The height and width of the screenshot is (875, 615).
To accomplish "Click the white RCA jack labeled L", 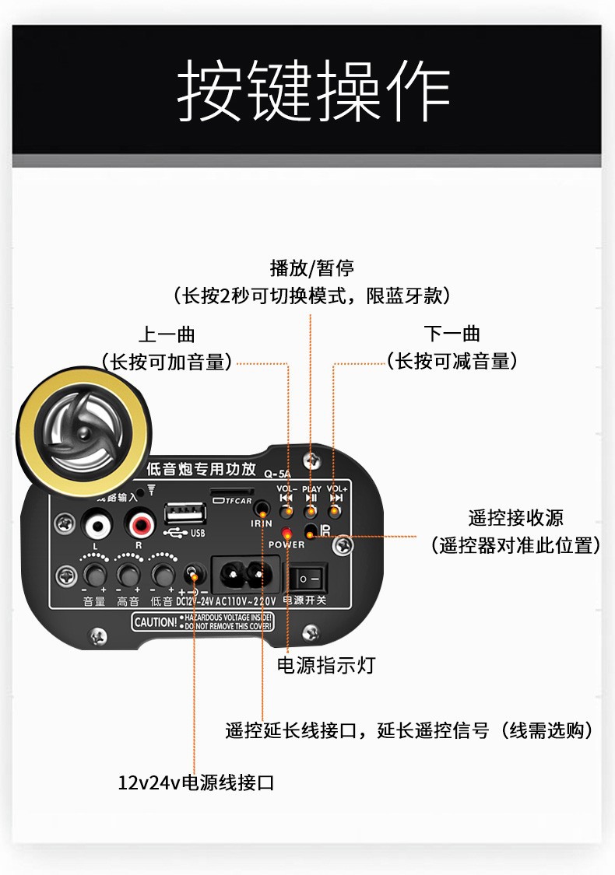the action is point(97,526).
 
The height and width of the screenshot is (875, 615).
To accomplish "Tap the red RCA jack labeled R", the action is point(142,526).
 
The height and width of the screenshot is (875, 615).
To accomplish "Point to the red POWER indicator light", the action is point(287,534).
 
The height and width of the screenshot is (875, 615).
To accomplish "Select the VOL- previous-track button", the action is point(287,510).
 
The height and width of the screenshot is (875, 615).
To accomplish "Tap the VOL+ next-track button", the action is point(336,510).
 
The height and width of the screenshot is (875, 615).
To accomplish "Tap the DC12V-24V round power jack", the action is point(192,576).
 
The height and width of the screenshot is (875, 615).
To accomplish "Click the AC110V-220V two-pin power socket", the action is point(244,576).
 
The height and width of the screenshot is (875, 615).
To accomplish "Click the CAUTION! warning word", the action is point(155,622).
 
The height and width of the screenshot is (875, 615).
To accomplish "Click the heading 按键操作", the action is point(314,92).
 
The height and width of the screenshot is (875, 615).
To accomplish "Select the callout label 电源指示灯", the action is point(327,665).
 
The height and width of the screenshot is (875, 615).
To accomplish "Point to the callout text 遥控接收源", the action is point(515,518).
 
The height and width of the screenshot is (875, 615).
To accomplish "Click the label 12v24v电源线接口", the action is point(196,782).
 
